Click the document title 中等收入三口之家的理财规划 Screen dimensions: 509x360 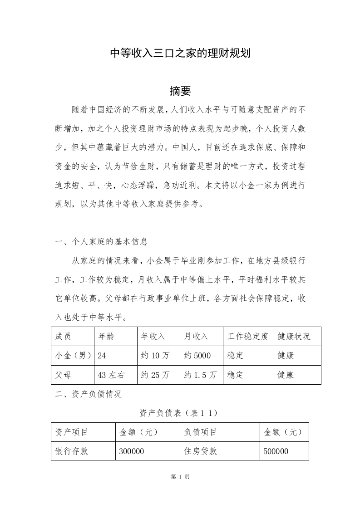click(181, 54)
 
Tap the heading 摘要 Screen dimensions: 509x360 click(180, 91)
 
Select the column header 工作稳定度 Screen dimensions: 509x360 click(248, 336)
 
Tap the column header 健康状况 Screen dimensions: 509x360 click(294, 336)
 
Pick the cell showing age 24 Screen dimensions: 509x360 click(102, 356)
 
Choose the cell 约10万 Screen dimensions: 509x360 click(155, 356)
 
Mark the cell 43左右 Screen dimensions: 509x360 click(111, 375)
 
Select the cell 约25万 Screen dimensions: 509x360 click(155, 375)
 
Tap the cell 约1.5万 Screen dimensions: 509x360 click(200, 375)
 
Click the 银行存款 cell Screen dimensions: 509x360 click(72, 451)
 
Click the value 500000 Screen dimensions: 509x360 click(276, 451)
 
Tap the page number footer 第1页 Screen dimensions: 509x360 click(180, 477)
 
